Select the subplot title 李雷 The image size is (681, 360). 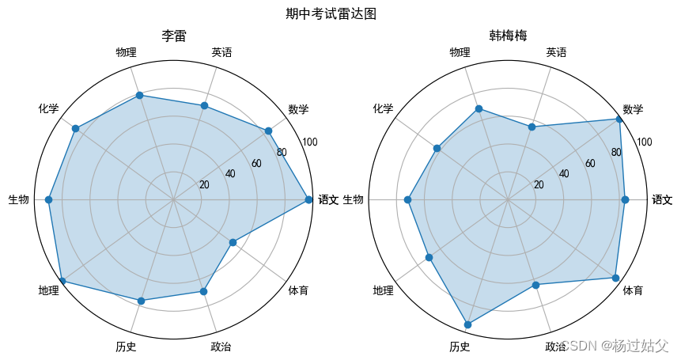tap(173, 36)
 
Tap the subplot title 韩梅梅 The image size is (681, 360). tap(508, 36)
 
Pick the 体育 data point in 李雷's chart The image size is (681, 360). tap(233, 243)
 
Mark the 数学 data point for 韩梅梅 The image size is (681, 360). tap(619, 119)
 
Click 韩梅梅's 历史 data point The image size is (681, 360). tap(467, 324)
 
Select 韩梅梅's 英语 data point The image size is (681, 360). tap(532, 127)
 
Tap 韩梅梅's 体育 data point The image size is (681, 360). tap(615, 278)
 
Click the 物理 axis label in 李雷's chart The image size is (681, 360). tap(126, 53)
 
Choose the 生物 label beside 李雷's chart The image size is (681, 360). tap(19, 200)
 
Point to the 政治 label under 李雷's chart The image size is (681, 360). tap(221, 347)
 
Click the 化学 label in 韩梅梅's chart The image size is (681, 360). tap(383, 108)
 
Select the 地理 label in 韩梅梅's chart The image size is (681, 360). tap(383, 291)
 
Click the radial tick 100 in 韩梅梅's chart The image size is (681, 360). tap(645, 142)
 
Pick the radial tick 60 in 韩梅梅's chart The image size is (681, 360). tap(590, 164)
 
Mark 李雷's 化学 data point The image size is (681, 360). tap(76, 128)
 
